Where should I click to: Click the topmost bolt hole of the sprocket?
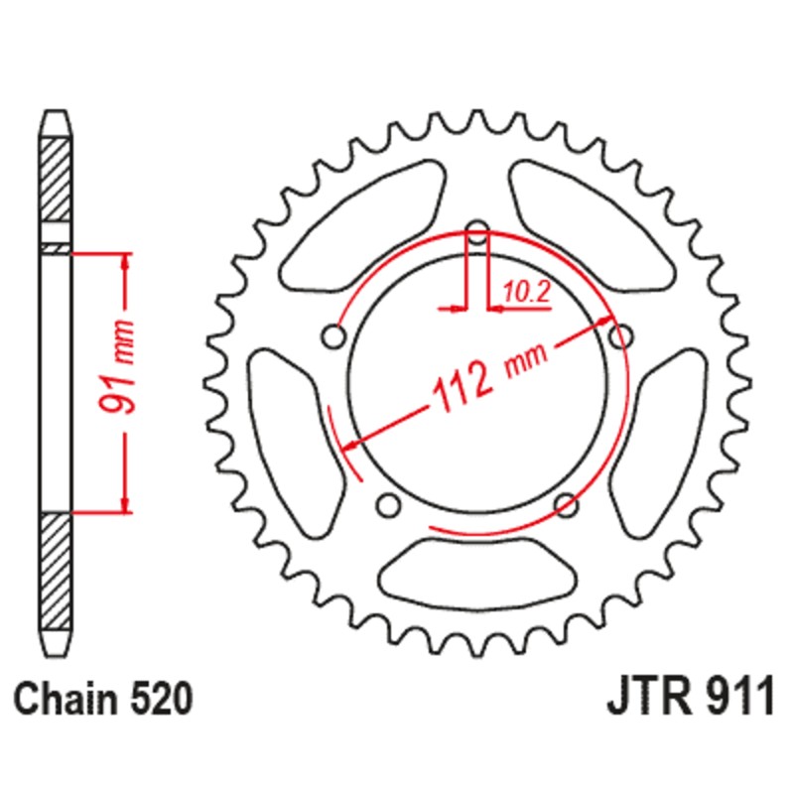point(477,235)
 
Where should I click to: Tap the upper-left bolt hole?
point(334,338)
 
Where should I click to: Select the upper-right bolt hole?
point(620,338)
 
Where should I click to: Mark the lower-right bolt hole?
point(566,505)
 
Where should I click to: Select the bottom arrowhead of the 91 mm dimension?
point(125,504)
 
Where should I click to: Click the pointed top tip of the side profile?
point(56,115)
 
